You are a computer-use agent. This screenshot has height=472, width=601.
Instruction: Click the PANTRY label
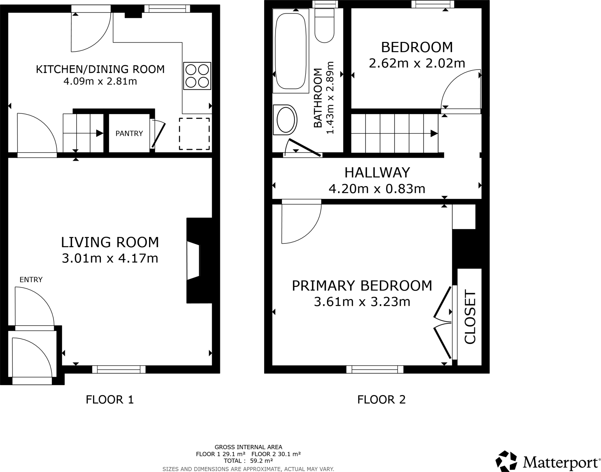coord(129,134)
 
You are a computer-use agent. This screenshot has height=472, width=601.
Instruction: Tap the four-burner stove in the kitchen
coord(197,76)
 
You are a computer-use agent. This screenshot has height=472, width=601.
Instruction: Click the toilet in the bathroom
coord(324,26)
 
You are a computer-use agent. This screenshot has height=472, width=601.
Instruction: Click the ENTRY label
coord(31,279)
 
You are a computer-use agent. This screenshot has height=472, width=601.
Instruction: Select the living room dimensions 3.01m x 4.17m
coord(110,258)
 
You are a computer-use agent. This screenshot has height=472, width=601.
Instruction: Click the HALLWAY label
coord(377,173)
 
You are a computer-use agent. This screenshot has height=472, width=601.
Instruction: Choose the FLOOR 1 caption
coord(110,399)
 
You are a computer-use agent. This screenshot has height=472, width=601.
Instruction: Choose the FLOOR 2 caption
coord(381,399)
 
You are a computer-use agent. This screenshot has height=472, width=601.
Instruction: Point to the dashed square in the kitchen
coord(194,134)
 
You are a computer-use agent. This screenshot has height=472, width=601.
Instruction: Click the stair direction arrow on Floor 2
coord(434,134)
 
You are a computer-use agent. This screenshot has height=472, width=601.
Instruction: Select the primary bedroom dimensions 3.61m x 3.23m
coord(362,302)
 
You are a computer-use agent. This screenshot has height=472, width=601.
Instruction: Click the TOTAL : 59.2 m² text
coord(248,461)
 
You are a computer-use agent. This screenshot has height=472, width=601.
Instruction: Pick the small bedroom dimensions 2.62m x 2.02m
coord(417,63)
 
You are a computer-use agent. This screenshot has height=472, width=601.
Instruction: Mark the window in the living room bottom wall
coord(119,369)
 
